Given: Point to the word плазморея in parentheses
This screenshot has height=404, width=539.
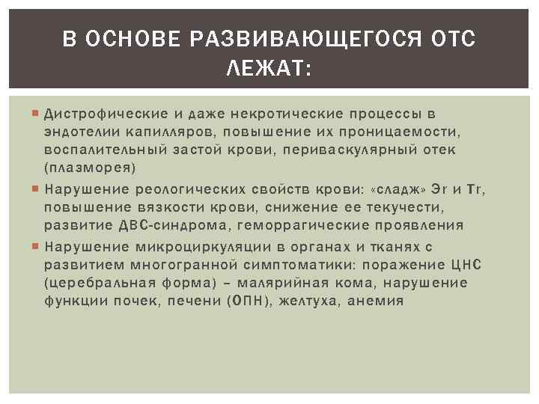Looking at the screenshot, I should point(89,167).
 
